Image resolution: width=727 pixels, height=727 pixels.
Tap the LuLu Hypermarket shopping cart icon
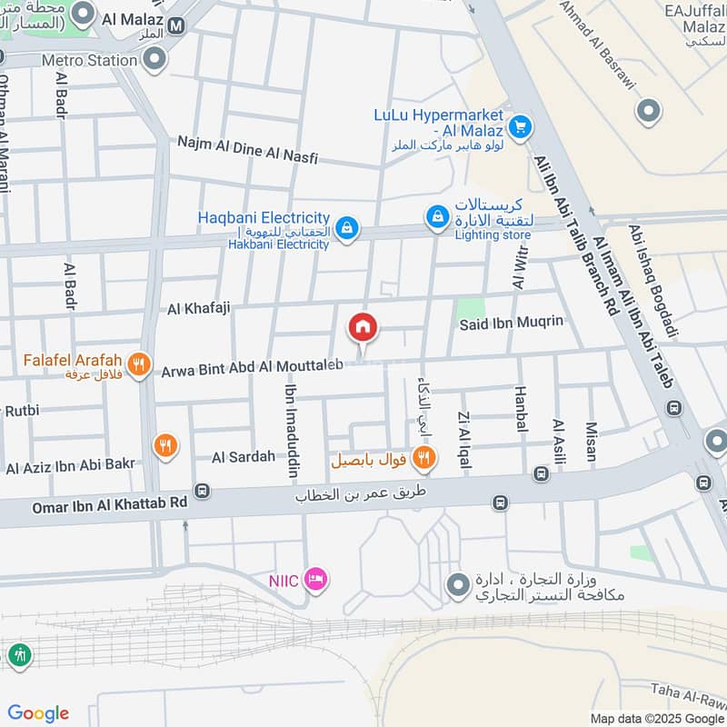tap(520, 126)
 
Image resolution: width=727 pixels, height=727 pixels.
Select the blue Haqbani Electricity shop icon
tap(345, 229)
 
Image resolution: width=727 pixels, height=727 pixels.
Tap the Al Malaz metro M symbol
tap(176, 26)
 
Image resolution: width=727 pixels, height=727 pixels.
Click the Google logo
tap(38, 713)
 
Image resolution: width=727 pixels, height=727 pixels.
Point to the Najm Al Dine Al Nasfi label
tap(248, 150)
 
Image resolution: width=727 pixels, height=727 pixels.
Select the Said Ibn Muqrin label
tap(513, 322)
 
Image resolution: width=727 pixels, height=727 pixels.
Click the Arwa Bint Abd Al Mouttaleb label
tap(253, 368)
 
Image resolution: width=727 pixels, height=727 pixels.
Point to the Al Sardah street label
tap(244, 456)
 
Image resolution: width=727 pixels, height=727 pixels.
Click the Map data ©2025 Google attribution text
tap(656, 717)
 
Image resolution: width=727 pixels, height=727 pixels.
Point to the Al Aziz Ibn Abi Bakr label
tap(71, 467)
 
